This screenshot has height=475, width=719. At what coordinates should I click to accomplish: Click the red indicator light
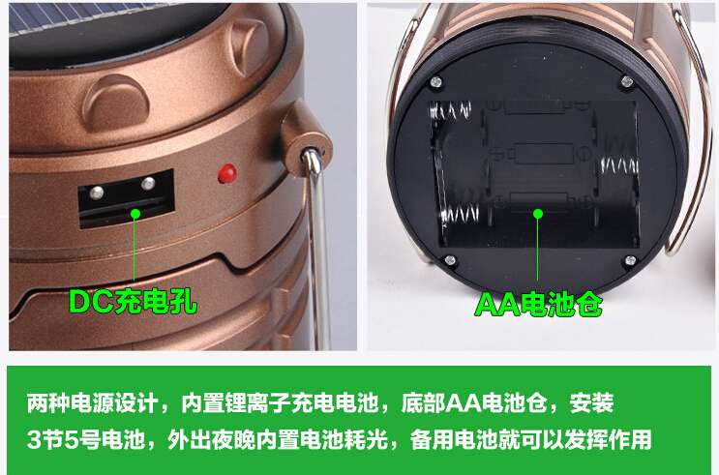pyautogui.click(x=227, y=173)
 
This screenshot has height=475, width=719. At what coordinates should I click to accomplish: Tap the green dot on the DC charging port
pyautogui.click(x=135, y=213)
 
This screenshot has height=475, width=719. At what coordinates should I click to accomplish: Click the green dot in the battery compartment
pyautogui.click(x=538, y=214)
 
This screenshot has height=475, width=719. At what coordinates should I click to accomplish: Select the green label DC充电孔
pyautogui.click(x=133, y=302)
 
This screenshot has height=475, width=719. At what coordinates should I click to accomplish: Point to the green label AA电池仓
pyautogui.click(x=538, y=304)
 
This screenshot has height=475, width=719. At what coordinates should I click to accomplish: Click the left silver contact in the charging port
pyautogui.click(x=97, y=193)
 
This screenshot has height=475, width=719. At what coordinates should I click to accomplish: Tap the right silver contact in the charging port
pyautogui.click(x=148, y=184)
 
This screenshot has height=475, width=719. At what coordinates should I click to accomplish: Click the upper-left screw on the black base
pyautogui.click(x=435, y=82)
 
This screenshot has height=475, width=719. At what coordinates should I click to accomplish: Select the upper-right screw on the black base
pyautogui.click(x=627, y=82)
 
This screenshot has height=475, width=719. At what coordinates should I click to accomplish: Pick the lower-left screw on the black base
pyautogui.click(x=450, y=260)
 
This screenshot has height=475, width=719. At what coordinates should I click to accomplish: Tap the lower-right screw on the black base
pyautogui.click(x=631, y=261)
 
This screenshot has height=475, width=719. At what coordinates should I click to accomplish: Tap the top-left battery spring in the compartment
pyautogui.click(x=451, y=111)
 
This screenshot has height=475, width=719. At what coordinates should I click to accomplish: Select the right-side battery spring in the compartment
pyautogui.click(x=618, y=165)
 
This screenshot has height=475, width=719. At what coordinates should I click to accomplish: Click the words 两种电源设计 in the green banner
pyautogui.click(x=92, y=403)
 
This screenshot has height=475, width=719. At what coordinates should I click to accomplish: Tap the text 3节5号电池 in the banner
pyautogui.click(x=86, y=439)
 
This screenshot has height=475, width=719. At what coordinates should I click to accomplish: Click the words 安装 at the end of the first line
pyautogui.click(x=591, y=403)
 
